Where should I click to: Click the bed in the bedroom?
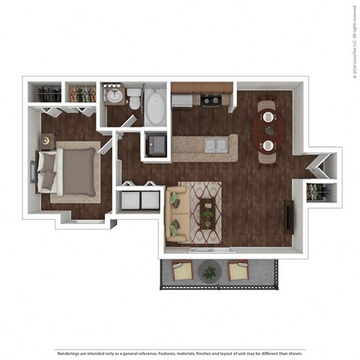point(70,171)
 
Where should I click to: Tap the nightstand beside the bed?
point(47,139)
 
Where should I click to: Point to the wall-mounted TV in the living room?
point(289,217)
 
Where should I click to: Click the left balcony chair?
point(181,270)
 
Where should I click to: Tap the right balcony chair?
point(239,271)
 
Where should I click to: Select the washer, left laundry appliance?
point(130,201)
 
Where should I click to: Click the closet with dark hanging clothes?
point(48,94)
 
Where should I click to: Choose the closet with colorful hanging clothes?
point(81,94)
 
